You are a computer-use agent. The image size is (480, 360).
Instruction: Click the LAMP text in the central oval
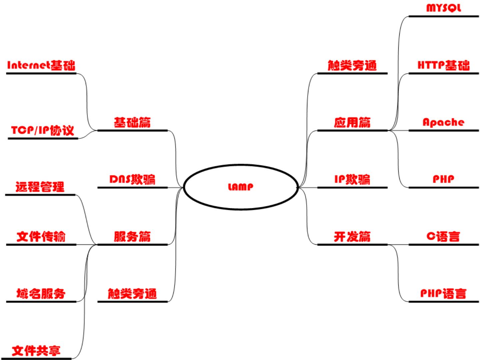(x=240, y=187)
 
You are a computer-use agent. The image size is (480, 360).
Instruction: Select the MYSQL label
(x=444, y=8)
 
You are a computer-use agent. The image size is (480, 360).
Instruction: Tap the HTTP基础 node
(x=444, y=65)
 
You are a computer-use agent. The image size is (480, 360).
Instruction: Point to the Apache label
(x=443, y=122)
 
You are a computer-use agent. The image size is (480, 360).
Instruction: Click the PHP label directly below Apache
(x=443, y=179)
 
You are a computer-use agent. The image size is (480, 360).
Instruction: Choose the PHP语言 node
(x=443, y=294)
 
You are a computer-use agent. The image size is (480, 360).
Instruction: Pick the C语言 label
(x=443, y=237)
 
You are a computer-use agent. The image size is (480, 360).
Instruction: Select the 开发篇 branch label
(x=352, y=237)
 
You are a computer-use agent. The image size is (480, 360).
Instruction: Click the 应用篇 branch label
(x=352, y=122)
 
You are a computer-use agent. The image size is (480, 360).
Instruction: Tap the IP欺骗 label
(x=352, y=179)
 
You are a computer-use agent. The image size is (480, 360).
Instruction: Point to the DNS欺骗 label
(x=132, y=179)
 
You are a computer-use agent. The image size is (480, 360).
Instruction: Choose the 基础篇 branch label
(x=132, y=122)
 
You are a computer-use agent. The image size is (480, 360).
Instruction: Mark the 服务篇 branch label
(x=132, y=237)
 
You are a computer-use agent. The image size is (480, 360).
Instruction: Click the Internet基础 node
(x=41, y=65)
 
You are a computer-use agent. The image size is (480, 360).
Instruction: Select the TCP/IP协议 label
(x=43, y=130)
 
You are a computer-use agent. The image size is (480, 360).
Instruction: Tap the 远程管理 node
(x=40, y=187)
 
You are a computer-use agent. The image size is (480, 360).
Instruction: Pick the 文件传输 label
(x=41, y=237)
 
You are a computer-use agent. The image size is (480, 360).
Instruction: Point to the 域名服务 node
(x=41, y=294)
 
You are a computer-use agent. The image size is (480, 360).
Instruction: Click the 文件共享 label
(x=36, y=351)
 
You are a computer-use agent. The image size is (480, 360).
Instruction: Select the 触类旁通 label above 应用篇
(x=352, y=65)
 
